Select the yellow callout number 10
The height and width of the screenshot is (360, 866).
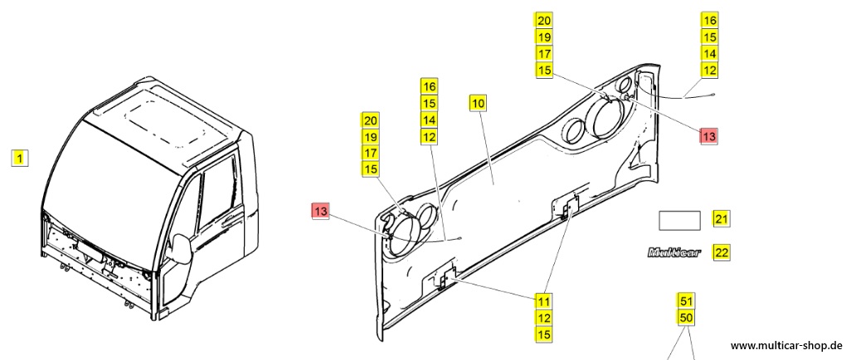tap(479, 103)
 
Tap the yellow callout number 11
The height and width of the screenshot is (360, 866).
tap(542, 300)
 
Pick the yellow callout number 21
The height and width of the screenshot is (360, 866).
tap(722, 220)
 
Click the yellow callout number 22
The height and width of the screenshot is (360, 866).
tap(722, 252)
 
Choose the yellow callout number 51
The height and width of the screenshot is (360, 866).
tap(686, 299)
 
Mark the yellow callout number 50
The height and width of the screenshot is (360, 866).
tap(686, 318)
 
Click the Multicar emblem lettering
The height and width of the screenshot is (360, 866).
tap(674, 252)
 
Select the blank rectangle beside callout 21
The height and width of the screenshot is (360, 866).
tap(679, 220)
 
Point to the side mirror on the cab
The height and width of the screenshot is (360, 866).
tap(178, 249)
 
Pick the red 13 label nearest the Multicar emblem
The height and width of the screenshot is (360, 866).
tap(708, 136)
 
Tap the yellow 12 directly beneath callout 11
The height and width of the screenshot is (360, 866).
tap(542, 318)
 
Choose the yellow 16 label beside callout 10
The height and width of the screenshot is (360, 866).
tap(428, 86)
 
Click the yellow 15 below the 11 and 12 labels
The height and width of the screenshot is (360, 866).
tap(542, 334)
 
